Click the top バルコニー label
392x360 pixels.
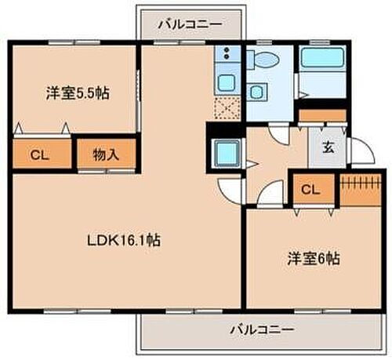[x=189, y=24]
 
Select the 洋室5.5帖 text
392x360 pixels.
[x=76, y=93]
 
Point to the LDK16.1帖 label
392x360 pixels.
[x=123, y=241]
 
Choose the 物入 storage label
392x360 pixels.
[x=106, y=155]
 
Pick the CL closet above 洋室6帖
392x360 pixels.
[x=310, y=189]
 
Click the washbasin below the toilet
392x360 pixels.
[x=256, y=91]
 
